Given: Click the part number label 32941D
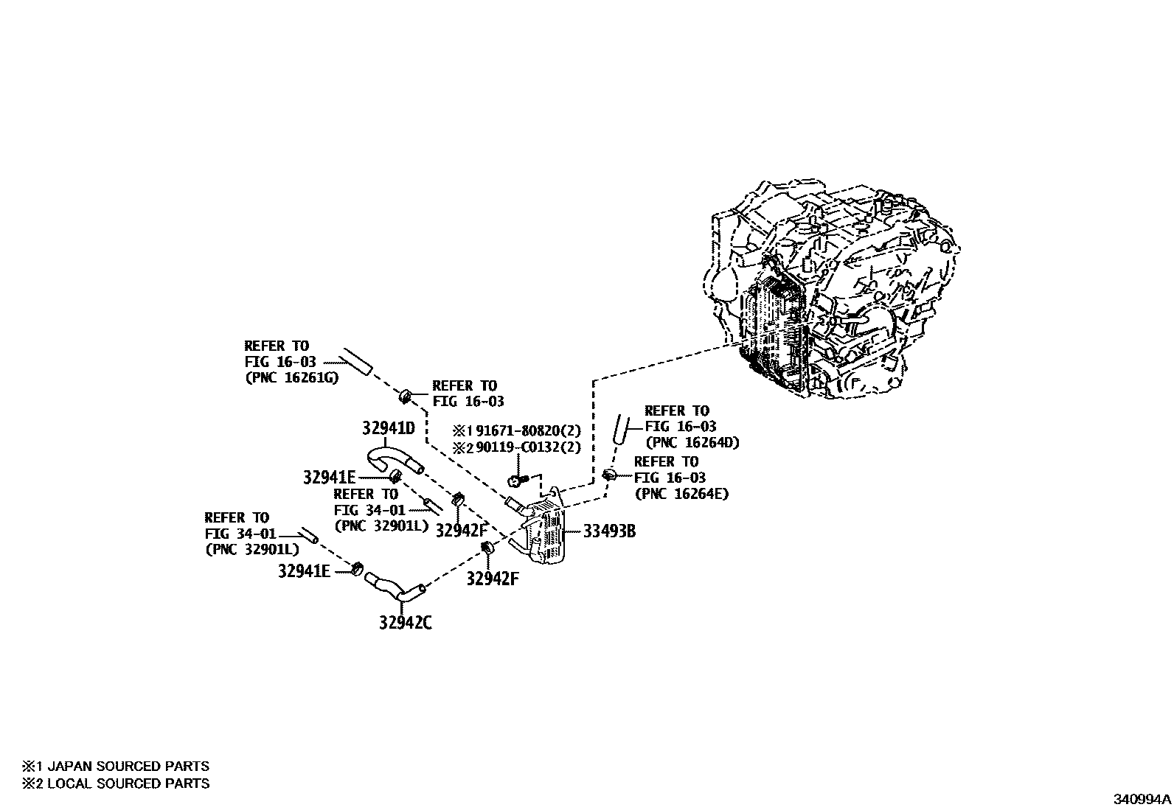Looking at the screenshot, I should (388, 428).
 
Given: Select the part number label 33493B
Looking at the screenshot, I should (608, 531).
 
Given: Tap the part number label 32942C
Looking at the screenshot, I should (406, 623).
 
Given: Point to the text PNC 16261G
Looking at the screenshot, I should (291, 377).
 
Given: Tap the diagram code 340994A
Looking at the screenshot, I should (1142, 798).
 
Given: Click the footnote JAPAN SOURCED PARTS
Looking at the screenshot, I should (128, 767).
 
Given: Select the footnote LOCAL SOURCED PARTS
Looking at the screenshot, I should (128, 783).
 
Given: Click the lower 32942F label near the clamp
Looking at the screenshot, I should (492, 579).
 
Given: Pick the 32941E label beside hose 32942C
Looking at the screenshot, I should (304, 570).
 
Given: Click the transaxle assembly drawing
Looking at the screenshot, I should (833, 295).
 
